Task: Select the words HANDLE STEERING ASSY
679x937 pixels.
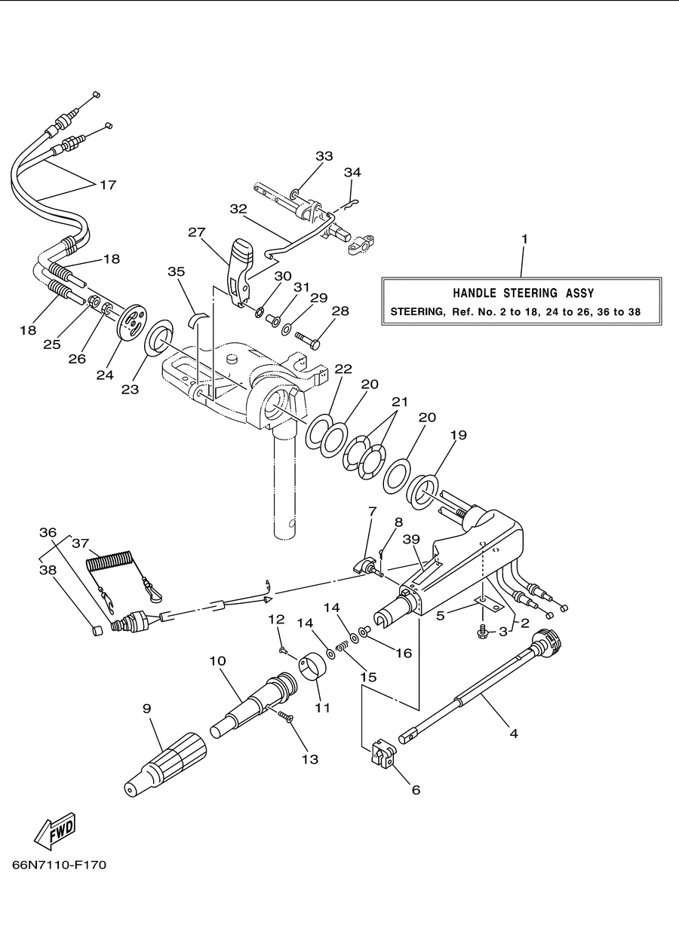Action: [x=524, y=292]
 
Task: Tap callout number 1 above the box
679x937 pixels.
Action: [x=524, y=239]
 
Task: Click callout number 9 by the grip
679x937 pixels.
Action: [x=146, y=708]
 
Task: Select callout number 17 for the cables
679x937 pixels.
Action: [x=108, y=185]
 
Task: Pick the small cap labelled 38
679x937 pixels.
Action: [x=97, y=630]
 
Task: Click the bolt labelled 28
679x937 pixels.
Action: [x=308, y=339]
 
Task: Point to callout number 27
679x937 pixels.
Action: [x=196, y=232]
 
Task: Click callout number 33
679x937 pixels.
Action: [x=324, y=156]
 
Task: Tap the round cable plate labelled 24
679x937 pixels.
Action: [x=132, y=322]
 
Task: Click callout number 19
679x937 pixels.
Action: [x=459, y=435]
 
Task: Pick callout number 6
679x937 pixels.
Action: [x=416, y=790]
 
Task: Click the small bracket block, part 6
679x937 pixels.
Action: [x=383, y=754]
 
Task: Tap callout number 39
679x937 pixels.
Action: [x=411, y=539]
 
